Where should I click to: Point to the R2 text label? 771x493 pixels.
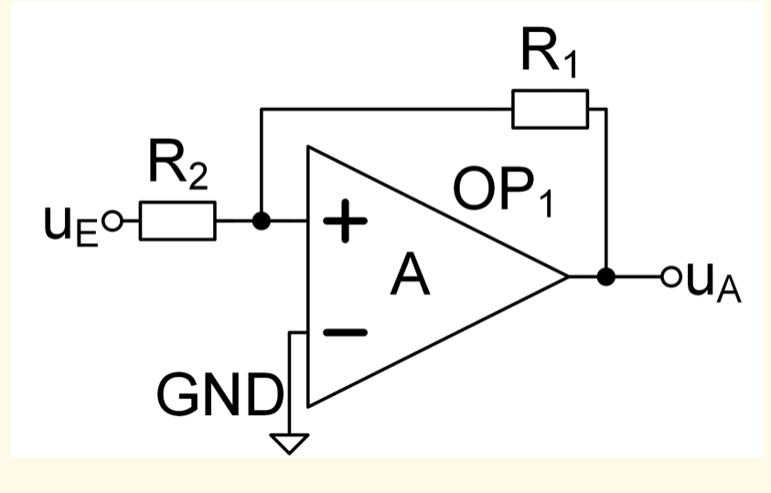[178, 165]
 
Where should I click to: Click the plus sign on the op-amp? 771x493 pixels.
[345, 220]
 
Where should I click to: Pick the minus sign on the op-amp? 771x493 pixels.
[345, 333]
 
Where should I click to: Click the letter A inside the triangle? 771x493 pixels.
[410, 274]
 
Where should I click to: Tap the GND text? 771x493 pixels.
[220, 395]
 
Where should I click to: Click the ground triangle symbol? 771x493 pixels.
[290, 444]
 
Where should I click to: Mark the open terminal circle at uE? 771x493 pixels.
[112, 221]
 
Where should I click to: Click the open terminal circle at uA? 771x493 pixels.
[670, 277]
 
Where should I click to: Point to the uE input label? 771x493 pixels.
[70, 226]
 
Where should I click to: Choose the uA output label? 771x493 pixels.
[713, 284]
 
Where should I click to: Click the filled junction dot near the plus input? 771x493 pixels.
[262, 220]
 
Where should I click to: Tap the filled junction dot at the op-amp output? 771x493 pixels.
[606, 277]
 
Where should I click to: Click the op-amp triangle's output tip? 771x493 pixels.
[568, 277]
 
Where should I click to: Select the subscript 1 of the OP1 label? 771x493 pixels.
[546, 201]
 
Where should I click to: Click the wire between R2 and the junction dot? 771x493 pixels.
[234, 220]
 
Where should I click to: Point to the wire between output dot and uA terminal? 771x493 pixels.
[638, 277]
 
